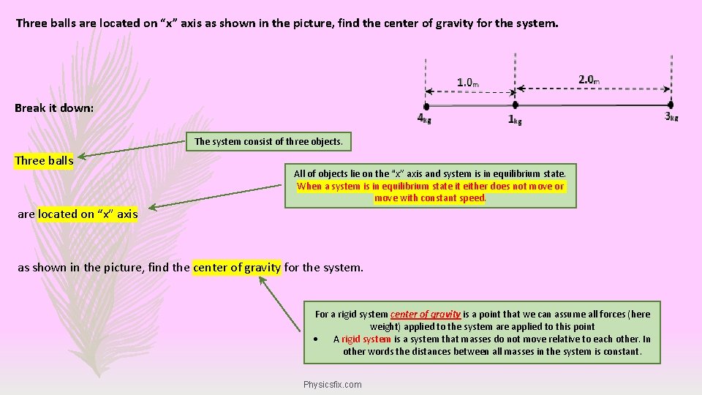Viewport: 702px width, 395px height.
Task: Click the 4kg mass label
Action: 423,118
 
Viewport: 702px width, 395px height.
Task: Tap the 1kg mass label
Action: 515,120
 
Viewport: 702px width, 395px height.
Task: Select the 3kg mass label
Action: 671,116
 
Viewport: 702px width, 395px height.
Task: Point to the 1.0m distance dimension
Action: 468,82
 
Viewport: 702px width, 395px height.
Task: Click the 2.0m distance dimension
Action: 589,79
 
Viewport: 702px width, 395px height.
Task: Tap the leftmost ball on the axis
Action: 426,106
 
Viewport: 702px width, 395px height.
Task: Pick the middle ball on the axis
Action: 516,106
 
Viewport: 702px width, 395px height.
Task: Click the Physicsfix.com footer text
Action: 332,384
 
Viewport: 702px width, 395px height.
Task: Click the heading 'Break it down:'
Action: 54,108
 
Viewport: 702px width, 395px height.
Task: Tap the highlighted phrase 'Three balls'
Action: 44,161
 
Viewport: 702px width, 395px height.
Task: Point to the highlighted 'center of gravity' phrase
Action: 237,267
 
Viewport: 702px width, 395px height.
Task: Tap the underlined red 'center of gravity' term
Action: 425,315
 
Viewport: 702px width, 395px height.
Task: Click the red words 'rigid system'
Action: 366,339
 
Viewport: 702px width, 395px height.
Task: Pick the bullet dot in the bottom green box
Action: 314,339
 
